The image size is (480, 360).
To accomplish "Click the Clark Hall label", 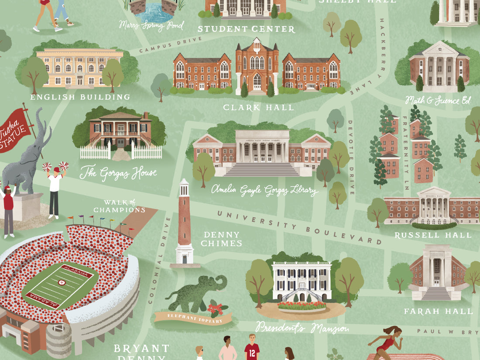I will point(258,107).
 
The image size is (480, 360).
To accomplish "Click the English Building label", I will point(80,97).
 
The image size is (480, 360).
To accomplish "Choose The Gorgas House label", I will point(118,173).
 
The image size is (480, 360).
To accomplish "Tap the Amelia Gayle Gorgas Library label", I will point(265,190).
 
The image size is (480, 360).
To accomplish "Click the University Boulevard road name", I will point(299,227).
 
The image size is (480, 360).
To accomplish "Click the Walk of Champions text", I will point(119,206).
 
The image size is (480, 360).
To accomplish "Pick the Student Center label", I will point(246,29).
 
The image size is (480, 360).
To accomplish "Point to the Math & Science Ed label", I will point(438,101).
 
